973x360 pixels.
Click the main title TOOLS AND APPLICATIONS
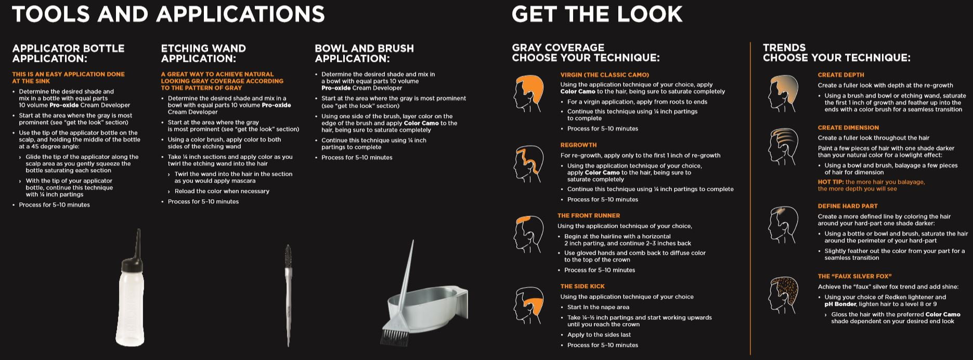tap(168, 14)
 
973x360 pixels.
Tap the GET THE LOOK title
tap(597, 14)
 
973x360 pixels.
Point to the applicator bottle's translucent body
tap(131, 302)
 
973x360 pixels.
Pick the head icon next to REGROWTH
tap(529, 163)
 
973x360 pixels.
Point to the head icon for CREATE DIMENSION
tap(783, 146)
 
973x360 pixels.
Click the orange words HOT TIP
tap(831, 182)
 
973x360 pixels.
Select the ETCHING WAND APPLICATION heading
tap(203, 53)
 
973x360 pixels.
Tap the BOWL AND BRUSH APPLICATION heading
tap(364, 53)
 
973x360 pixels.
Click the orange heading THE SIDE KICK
tap(582, 286)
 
